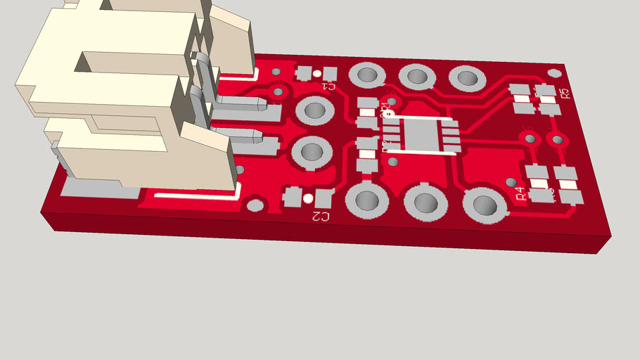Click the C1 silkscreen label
click(328, 86)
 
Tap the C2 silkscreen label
click(320, 217)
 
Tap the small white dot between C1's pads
click(317, 73)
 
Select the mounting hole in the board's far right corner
click(554, 72)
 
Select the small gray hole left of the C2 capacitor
click(256, 205)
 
